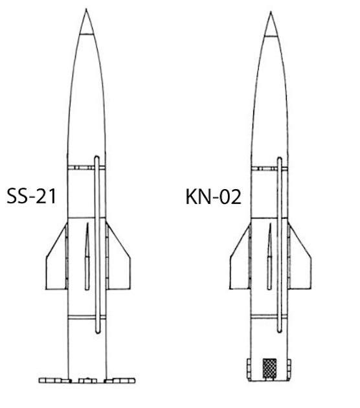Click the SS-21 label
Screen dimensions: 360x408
(31, 196)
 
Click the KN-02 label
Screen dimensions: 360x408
(213, 197)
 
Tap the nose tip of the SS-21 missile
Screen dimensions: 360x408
(86, 9)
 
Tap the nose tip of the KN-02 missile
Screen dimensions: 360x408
(271, 12)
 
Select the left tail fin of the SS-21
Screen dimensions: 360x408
(56, 263)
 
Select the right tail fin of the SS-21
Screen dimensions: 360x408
(118, 263)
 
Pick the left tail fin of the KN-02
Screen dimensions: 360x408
(240, 263)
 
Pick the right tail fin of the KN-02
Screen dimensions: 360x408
(300, 263)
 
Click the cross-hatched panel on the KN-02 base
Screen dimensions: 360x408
(269, 368)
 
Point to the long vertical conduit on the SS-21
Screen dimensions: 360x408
(97, 245)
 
